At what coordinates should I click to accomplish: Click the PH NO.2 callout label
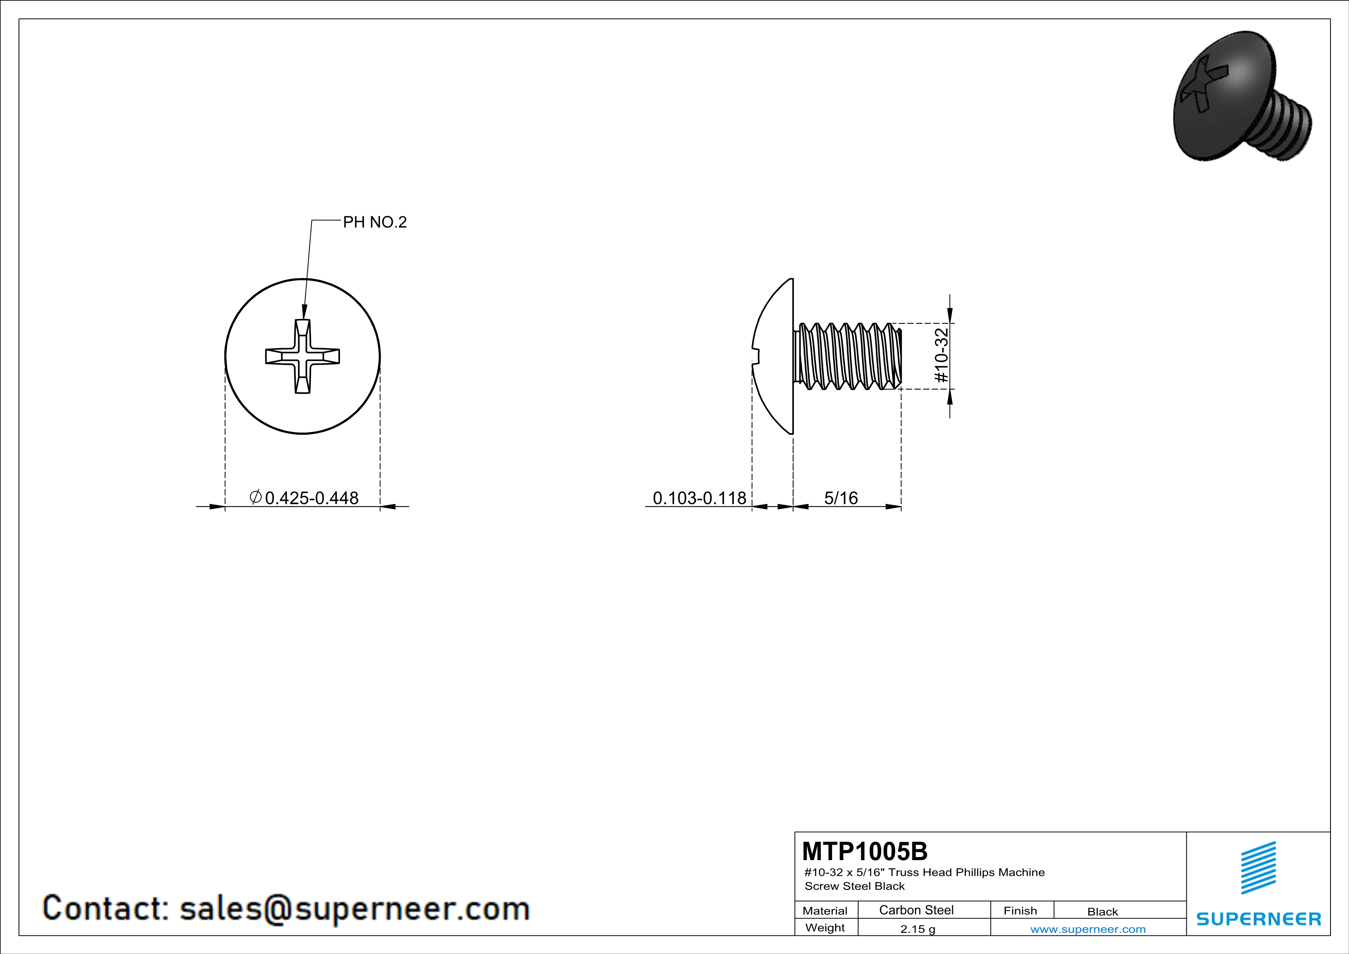pos(375,222)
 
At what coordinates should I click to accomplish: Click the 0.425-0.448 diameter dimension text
pos(312,498)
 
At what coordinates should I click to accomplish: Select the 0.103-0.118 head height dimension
pos(699,498)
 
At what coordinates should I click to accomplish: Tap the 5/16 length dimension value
pos(841,498)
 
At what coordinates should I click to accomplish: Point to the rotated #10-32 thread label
pos(941,356)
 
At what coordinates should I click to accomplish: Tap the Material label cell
pos(825,911)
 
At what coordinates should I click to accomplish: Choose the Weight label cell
pos(825,927)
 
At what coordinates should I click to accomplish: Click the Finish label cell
pos(1020,911)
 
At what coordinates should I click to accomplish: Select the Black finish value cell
pos(1102,912)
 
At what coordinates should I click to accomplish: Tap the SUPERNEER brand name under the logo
pos(1259,919)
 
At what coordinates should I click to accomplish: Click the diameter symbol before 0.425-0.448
pos(255,497)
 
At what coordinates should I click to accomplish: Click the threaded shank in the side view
pos(848,356)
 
